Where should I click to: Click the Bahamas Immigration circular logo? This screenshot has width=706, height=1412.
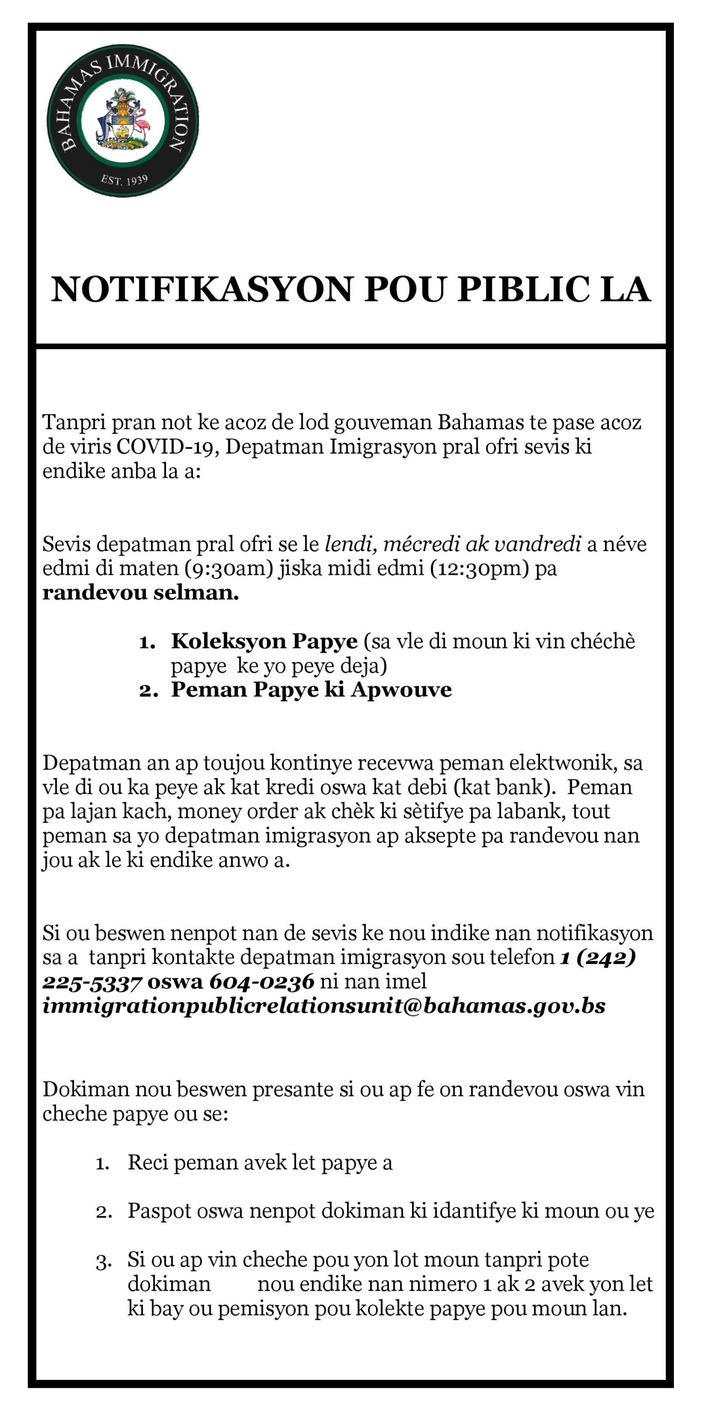tap(123, 121)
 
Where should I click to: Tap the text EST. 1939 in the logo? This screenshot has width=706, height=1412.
tap(124, 180)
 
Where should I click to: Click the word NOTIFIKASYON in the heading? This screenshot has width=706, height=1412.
tap(202, 290)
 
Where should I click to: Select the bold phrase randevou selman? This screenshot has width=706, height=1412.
tap(141, 593)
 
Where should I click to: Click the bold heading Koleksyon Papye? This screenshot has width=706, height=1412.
tap(264, 641)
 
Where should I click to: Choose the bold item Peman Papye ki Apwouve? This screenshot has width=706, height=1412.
tap(311, 689)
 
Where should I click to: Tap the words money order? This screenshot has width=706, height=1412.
tap(237, 811)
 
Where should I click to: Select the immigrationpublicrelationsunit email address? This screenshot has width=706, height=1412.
tap(324, 1005)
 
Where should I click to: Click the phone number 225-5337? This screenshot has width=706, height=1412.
tap(93, 981)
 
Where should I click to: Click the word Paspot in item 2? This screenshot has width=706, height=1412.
tap(159, 1211)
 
